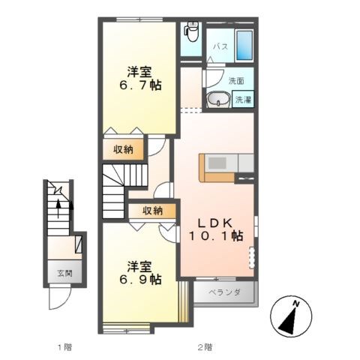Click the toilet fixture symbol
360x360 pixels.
[191, 31]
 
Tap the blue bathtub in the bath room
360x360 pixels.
[244, 45]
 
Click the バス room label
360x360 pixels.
[220, 46]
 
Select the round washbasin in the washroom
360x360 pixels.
[219, 99]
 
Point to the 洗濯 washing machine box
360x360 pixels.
[243, 100]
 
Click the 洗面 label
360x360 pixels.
[236, 81]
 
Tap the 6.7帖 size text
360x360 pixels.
[140, 85]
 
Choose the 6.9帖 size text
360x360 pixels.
[140, 279]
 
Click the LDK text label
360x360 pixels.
[215, 223]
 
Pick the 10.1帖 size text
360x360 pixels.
[216, 235]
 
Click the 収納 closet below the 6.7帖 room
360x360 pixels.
[124, 149]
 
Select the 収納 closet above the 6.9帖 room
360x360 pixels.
[152, 211]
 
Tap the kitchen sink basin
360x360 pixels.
[217, 163]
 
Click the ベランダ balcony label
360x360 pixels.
[224, 292]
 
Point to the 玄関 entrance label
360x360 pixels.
[64, 274]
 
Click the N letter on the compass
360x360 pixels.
[296, 304]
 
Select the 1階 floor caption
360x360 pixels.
[64, 347]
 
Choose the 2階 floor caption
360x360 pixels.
[205, 347]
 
